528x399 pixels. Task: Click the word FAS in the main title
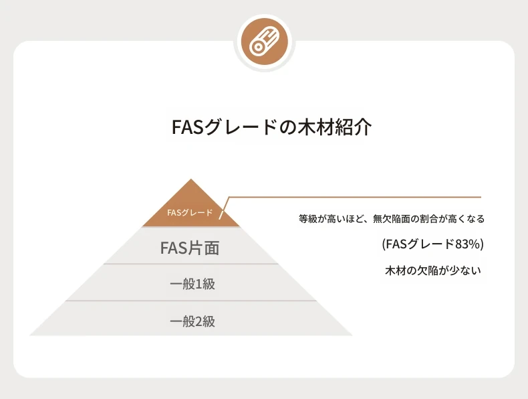click(x=188, y=127)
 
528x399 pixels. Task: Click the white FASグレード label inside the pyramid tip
click(x=190, y=212)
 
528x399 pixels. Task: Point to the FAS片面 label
click(x=190, y=248)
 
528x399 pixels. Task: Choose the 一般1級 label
click(x=192, y=284)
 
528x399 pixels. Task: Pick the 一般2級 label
click(x=192, y=321)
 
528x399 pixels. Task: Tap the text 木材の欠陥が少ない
click(x=433, y=270)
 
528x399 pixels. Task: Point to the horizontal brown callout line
click(x=355, y=197)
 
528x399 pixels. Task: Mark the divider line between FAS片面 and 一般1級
click(x=190, y=264)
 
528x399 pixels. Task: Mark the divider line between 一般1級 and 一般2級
click(x=190, y=300)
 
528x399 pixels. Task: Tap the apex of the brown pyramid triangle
click(x=191, y=179)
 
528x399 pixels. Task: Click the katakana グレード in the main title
click(x=241, y=127)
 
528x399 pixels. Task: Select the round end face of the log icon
click(x=257, y=48)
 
